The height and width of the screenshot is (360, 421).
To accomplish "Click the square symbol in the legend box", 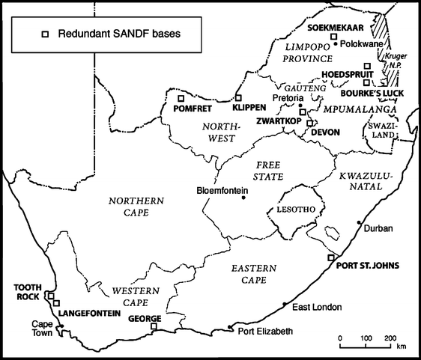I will [x=44, y=34].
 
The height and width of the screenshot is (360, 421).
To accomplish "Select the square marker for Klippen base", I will [x=239, y=98].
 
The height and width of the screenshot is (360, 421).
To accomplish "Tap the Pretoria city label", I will [x=288, y=98].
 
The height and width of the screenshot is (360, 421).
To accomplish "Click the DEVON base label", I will [x=324, y=132].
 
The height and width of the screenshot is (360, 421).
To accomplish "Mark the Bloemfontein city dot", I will [x=244, y=189].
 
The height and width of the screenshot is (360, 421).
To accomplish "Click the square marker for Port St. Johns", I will [x=331, y=257].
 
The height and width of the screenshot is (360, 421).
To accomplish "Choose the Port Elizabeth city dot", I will [x=230, y=326].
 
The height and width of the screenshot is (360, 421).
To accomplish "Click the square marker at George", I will [x=154, y=326].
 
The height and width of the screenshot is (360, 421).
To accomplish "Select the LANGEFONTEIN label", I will [x=89, y=312].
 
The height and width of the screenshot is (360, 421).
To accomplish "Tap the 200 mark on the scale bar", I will [x=390, y=338].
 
